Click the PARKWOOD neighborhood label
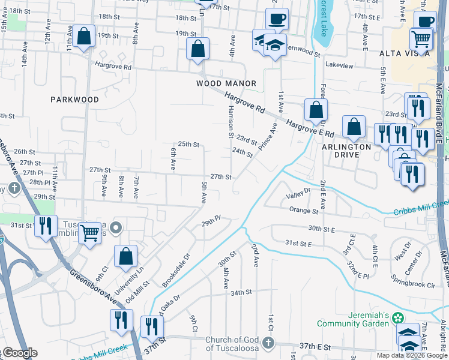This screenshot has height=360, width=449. [x=74, y=100]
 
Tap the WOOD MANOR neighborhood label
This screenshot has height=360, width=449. [x=226, y=83]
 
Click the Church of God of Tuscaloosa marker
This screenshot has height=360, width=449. [x=268, y=344]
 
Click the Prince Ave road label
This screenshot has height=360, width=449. [x=269, y=137]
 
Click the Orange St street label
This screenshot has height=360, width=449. [x=303, y=211]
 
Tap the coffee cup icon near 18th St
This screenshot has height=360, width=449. [x=277, y=19]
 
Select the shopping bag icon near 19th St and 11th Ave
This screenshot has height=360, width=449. [x=85, y=37]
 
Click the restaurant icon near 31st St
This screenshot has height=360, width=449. [x=46, y=226]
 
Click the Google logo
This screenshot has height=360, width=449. [x=19, y=353]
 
